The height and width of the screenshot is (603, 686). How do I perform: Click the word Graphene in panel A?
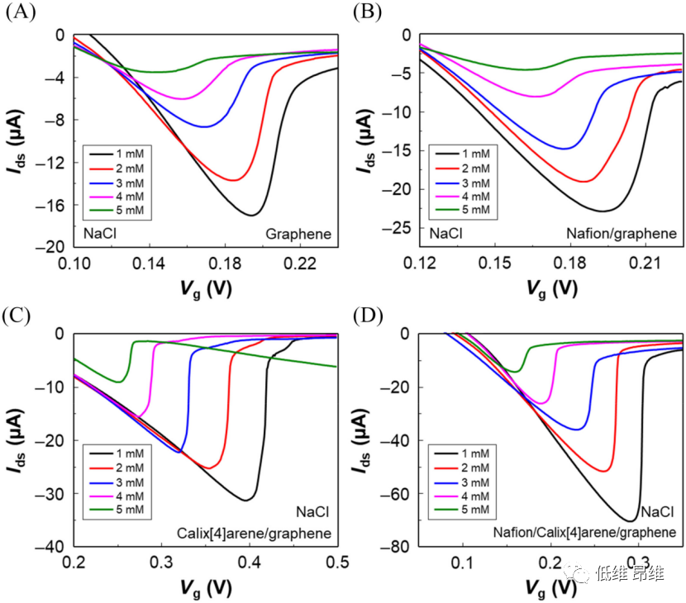[298, 235]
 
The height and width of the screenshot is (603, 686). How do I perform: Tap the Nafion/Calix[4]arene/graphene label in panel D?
[585, 533]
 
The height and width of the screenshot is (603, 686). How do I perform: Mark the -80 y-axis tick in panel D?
[400, 547]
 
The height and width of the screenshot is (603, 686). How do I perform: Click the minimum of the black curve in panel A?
[251, 215]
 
